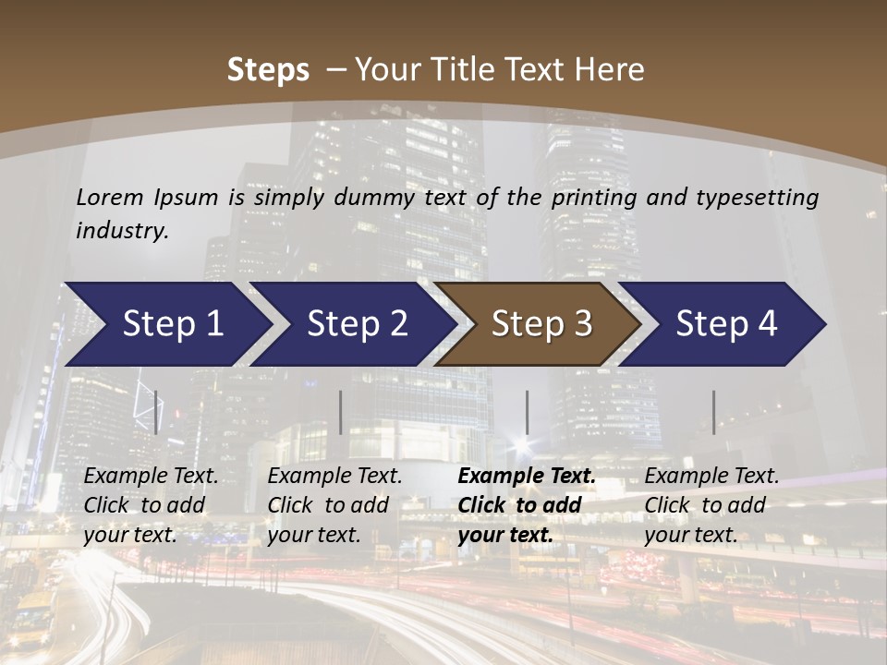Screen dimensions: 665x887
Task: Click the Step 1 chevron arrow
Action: [166, 324]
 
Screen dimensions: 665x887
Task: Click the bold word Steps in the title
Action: [268, 70]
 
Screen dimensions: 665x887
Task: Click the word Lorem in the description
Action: [110, 197]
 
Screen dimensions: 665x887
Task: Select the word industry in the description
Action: [122, 231]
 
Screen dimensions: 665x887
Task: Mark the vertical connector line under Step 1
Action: [156, 412]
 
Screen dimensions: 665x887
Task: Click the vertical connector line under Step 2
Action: [341, 412]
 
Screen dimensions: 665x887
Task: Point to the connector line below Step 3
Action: [527, 412]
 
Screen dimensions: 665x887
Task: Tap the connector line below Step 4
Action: [713, 412]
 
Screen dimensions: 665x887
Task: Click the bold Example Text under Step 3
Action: [527, 477]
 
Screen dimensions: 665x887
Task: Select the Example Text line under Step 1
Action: [151, 477]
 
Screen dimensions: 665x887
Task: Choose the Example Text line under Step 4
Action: [711, 477]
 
